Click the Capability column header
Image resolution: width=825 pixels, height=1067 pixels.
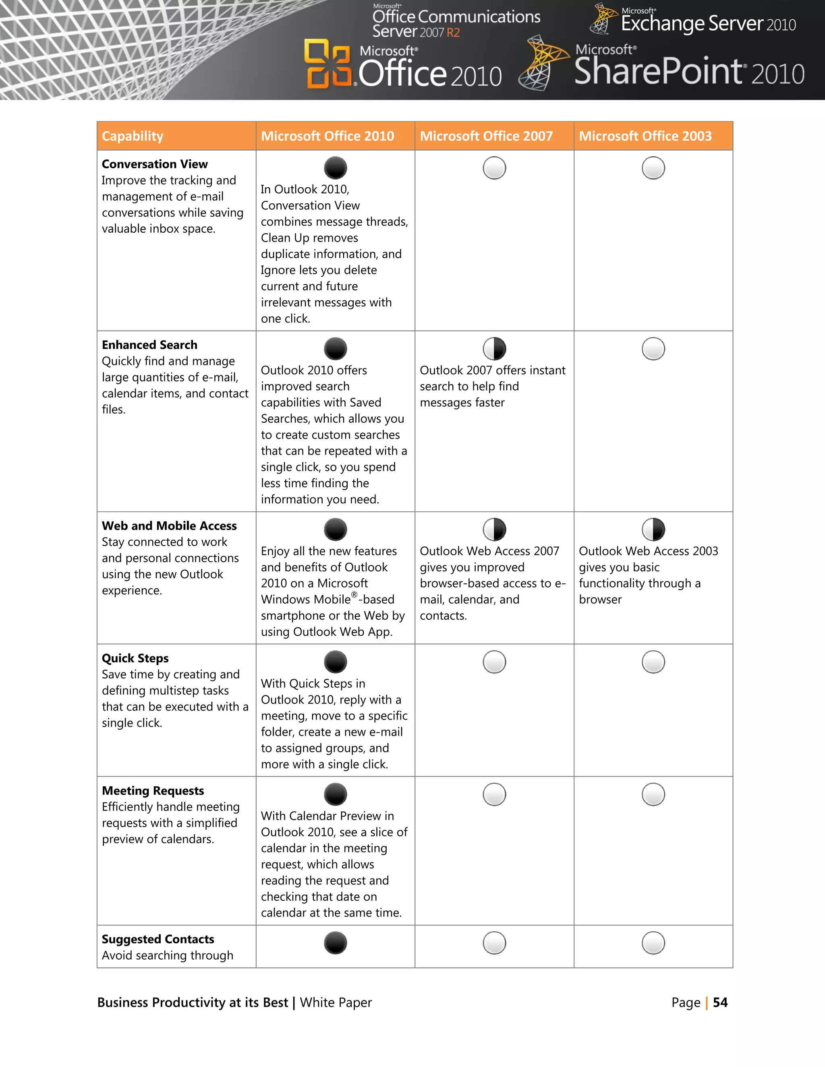133,136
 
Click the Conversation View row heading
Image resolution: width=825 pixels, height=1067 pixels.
154,164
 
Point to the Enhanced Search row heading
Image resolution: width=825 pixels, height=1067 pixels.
149,345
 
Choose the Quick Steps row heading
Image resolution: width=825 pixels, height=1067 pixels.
135,658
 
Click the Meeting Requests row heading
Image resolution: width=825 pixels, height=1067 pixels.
153,790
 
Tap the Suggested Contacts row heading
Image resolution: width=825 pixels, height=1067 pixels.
158,939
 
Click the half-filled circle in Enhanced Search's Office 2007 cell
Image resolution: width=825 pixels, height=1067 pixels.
494,349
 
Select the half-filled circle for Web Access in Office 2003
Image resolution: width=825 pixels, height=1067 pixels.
653,529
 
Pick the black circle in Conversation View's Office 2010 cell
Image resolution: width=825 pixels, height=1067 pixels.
335,168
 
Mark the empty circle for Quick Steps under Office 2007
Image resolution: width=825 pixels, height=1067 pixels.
494,662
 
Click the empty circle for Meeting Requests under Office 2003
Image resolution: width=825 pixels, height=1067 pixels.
653,794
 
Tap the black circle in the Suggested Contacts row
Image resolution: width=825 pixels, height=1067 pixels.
335,943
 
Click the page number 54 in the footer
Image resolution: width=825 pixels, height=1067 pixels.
720,1003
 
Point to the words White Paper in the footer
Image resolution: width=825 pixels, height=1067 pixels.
336,1003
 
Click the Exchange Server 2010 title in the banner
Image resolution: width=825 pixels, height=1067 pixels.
708,23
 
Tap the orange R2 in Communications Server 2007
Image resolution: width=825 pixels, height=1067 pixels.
453,33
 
